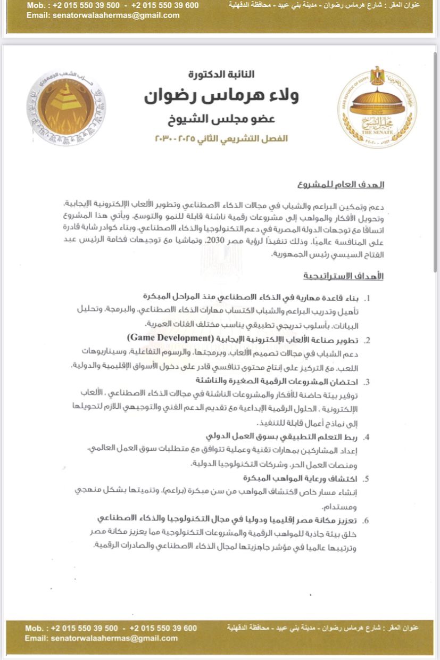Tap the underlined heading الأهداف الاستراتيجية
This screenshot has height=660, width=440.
(x=343, y=277)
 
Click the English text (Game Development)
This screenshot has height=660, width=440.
(x=169, y=338)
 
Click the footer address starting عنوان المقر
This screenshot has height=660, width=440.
(x=323, y=628)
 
